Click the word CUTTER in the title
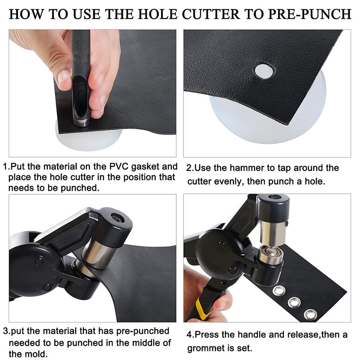point(211,14)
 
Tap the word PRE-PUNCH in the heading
point(310,14)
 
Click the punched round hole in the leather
point(264,71)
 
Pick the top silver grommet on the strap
point(279,291)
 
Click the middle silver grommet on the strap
point(294,302)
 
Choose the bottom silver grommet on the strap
point(310,314)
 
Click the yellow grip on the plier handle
point(202,309)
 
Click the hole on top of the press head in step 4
point(274,197)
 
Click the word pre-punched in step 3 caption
point(143,331)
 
